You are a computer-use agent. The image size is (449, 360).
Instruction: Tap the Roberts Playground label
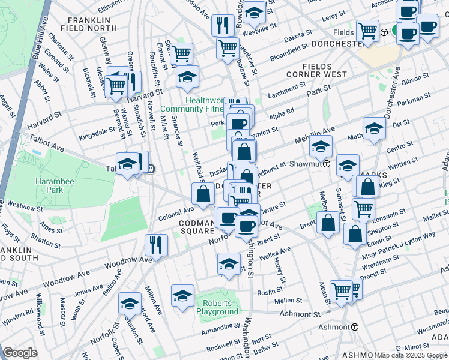(217, 307)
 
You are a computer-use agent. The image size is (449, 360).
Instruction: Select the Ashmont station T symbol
(355, 327)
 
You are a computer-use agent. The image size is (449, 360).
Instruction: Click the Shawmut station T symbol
(327, 164)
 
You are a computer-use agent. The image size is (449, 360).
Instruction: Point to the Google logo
(20, 353)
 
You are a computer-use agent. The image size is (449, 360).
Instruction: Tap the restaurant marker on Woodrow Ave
(155, 245)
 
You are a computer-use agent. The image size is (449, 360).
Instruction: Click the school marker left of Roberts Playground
(182, 296)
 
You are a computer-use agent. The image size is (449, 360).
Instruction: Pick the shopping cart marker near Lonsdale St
(363, 209)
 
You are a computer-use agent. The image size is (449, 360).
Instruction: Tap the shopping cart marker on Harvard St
(116, 86)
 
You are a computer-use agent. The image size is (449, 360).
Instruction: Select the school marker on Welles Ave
(229, 264)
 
